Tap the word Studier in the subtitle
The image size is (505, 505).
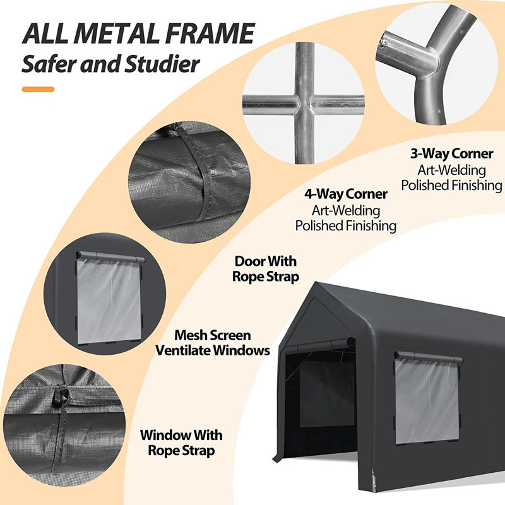pos(162,64)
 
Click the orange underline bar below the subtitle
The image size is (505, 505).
pos(38,90)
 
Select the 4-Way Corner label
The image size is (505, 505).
pos(346,194)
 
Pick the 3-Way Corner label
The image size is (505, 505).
pos(451,153)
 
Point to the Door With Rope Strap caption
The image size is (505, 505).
pos(266,269)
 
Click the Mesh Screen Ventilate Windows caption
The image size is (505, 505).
pos(213,343)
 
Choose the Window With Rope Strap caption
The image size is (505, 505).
pos(181,443)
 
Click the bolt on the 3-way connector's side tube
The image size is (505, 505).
pos(384,42)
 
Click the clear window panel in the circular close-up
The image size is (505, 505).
pos(109,300)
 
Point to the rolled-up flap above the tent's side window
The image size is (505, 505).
pos(428,357)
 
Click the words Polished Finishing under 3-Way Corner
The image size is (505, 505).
pos(451,185)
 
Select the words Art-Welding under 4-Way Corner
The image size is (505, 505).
pos(346,211)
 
